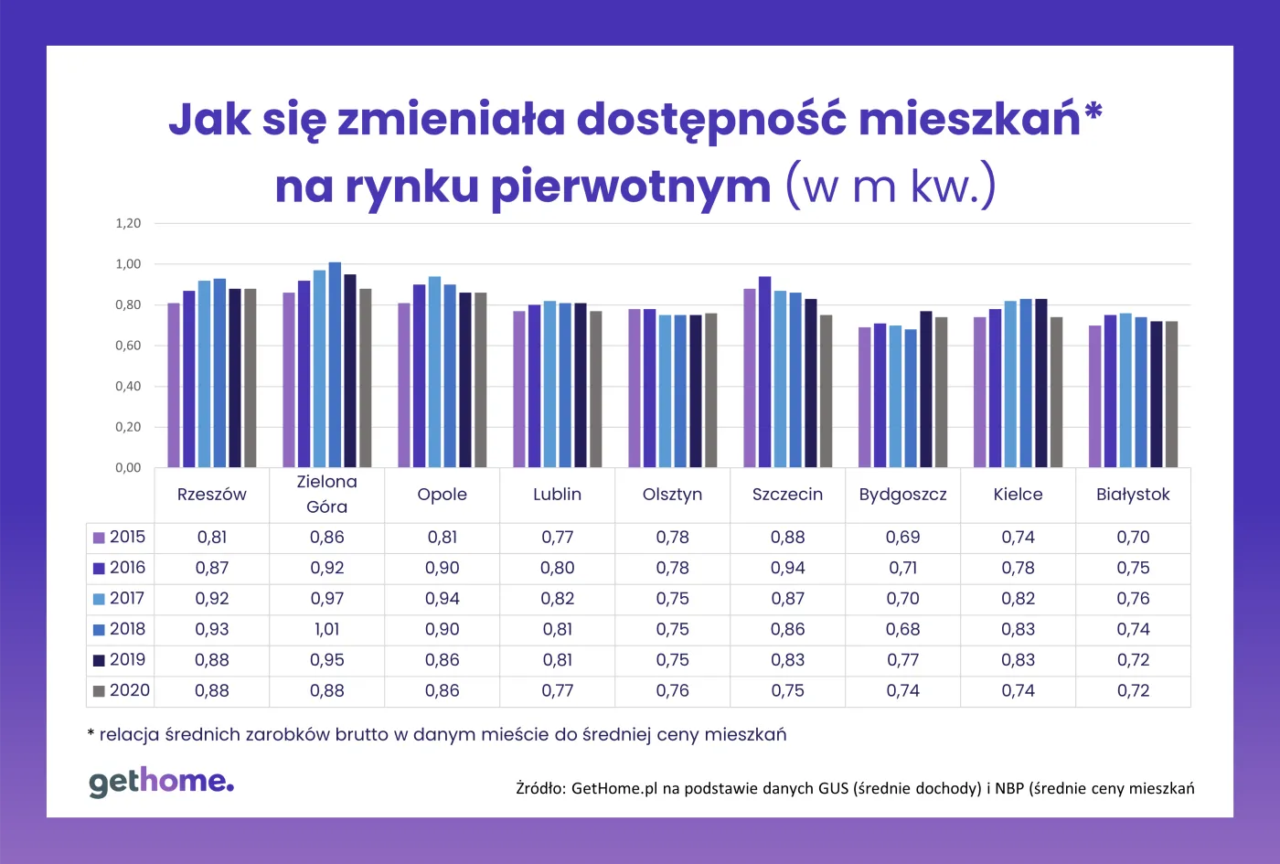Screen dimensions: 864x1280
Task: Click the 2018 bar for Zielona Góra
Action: pos(335,366)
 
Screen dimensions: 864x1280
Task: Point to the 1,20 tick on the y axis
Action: pos(128,223)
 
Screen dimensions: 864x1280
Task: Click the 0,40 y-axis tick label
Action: pos(128,387)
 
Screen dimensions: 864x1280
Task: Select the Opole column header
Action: pos(442,495)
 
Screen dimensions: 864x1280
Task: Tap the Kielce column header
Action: pos(1018,495)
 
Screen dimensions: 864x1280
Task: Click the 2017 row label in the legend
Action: pos(127,599)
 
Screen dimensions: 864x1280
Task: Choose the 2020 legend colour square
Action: pos(99,692)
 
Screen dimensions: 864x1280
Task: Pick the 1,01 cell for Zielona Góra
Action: pos(326,630)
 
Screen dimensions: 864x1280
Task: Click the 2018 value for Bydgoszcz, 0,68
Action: pos(902,630)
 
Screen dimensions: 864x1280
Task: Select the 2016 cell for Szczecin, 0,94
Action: pos(787,569)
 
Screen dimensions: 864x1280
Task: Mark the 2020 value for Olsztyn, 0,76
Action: pos(672,691)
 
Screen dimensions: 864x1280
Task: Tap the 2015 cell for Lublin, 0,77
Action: pos(557,538)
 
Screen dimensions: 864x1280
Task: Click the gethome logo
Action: pos(161,783)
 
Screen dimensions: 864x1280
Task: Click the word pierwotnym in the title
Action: pos(631,186)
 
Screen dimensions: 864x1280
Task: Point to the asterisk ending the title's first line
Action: pos(1093,113)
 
